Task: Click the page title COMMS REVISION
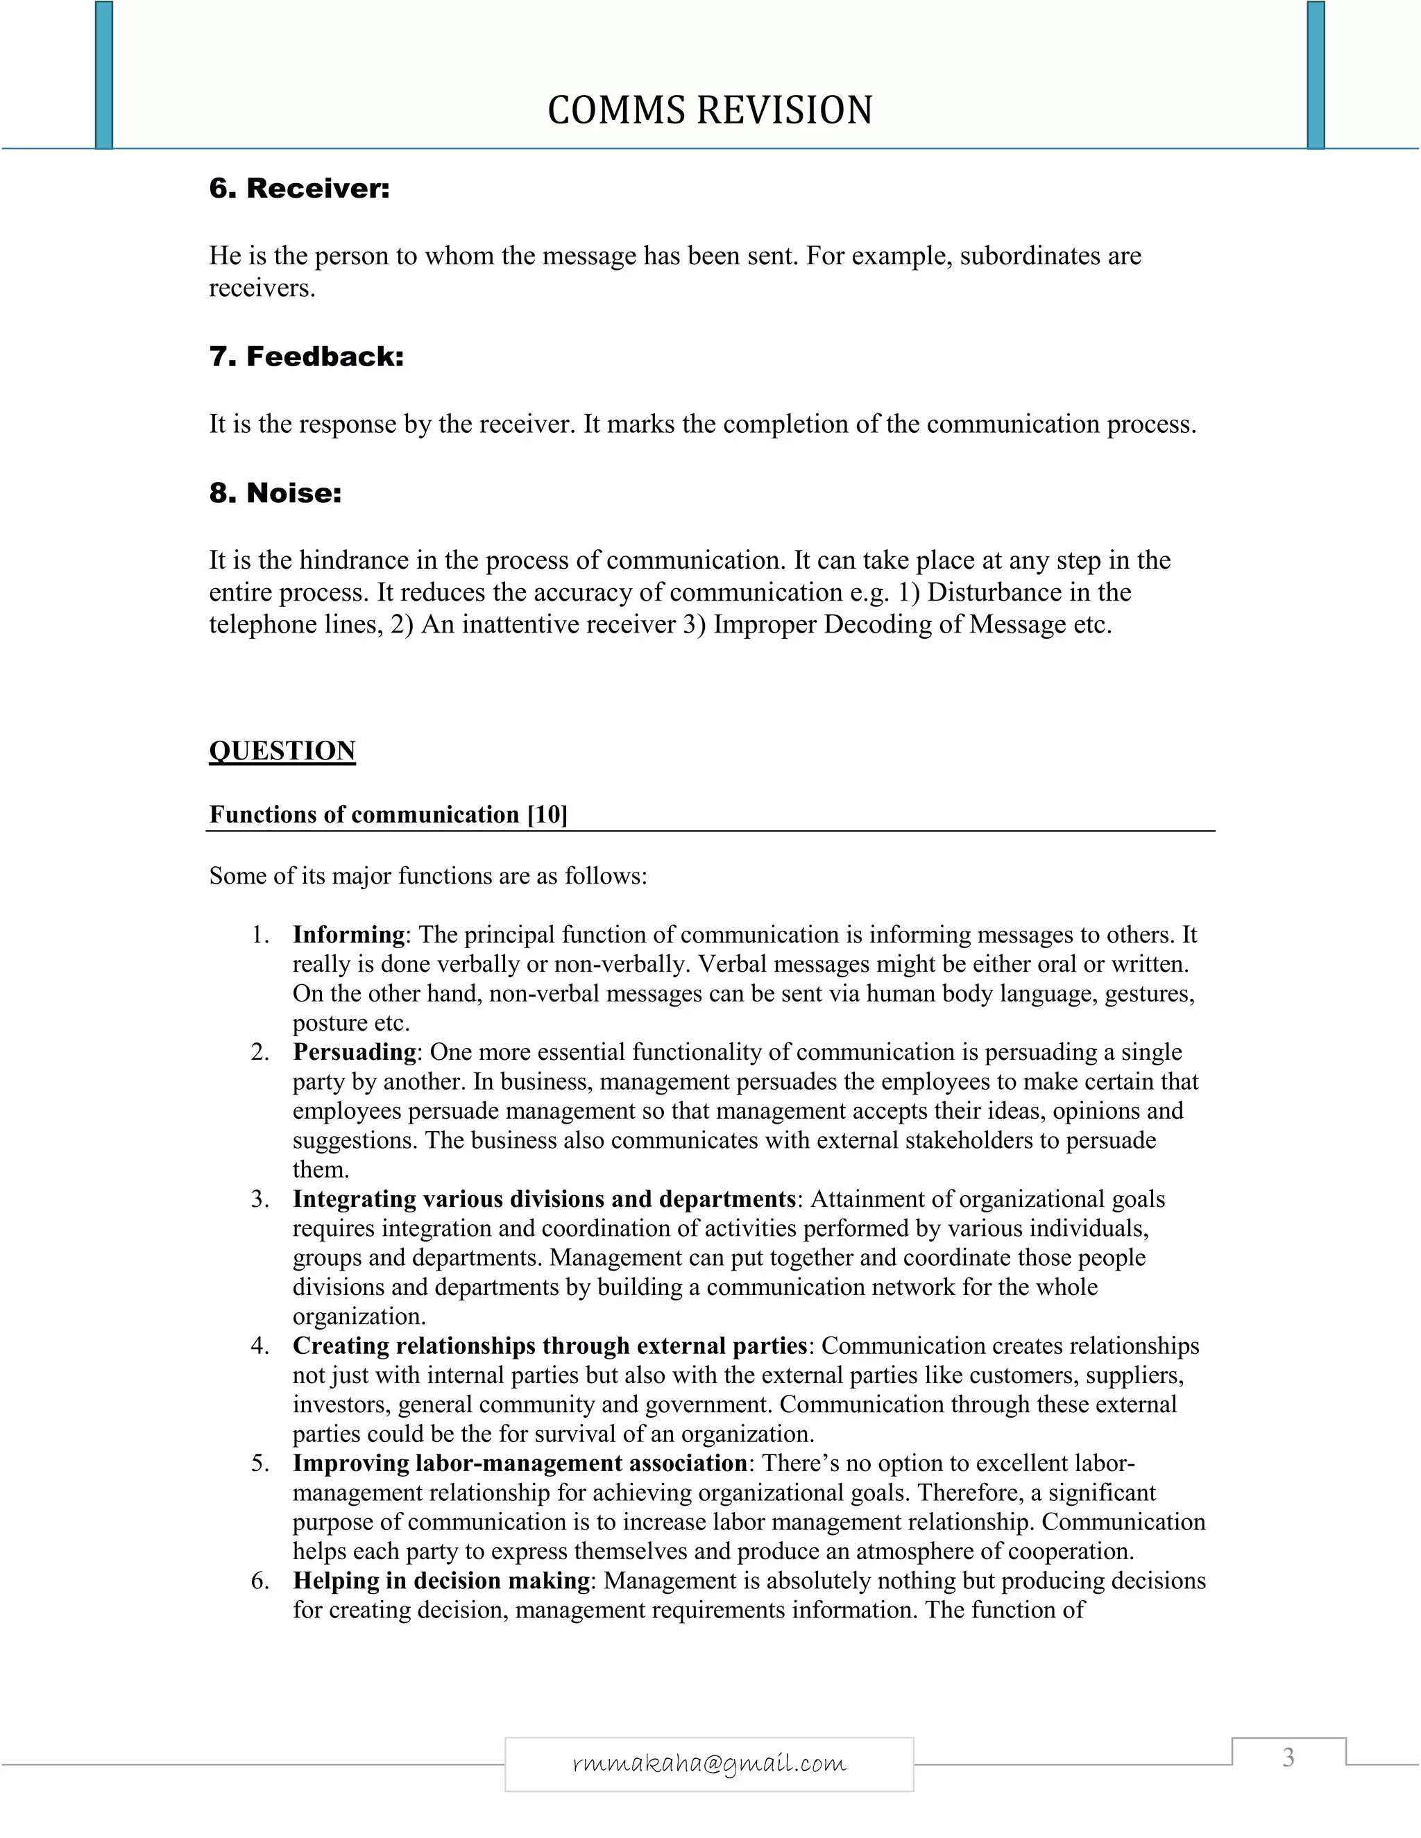click(x=710, y=110)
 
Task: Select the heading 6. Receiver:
click(x=299, y=188)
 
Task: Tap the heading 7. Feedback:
click(x=307, y=356)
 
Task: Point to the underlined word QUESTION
click(x=282, y=750)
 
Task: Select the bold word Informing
click(x=348, y=934)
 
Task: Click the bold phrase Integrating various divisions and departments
click(x=544, y=1199)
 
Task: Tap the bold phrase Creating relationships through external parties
click(x=550, y=1345)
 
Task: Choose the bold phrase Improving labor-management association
click(x=520, y=1463)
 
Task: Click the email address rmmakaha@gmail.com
click(x=709, y=1763)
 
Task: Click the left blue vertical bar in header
click(x=103, y=74)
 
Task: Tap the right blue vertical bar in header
click(x=1316, y=74)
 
